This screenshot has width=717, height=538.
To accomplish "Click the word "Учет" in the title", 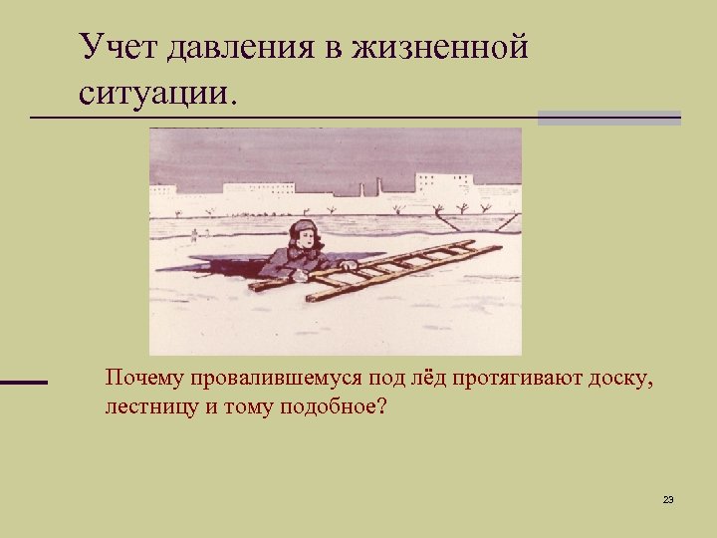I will pos(119,47).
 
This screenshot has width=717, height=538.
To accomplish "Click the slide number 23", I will pos(668,498).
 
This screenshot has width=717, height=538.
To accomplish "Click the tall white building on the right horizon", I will pos(443,184).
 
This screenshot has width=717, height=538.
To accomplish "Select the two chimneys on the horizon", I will pos(370,187).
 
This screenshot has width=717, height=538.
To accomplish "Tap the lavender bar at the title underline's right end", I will pos(608,118).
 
